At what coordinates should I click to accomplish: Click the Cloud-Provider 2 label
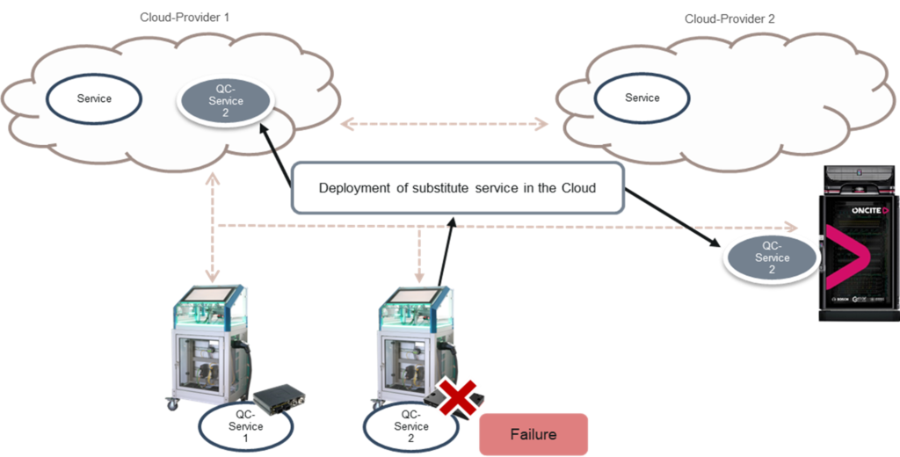pos(729,18)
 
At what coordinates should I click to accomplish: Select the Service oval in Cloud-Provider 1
pos(94,98)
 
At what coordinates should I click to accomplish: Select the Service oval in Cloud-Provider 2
pos(642,98)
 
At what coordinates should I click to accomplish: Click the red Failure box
pos(533,434)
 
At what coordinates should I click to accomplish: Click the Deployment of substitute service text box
pos(457,187)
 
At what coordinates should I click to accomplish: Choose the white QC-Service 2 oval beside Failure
pos(410,426)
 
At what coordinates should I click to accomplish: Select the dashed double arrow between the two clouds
pos(444,124)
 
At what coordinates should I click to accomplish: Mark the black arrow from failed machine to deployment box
pos(446,255)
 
